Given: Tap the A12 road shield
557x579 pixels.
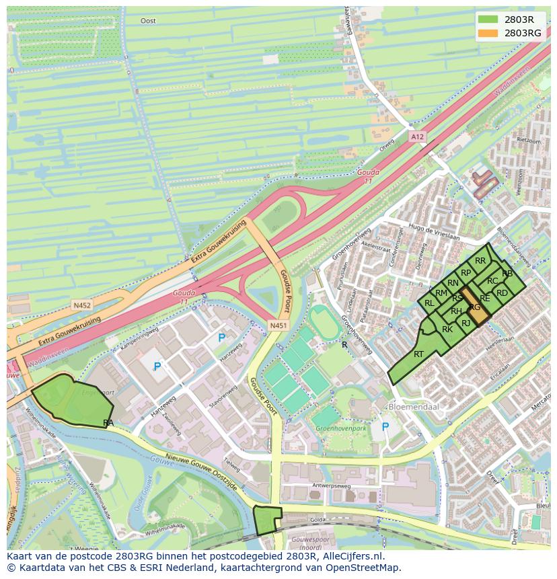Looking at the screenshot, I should coord(418,137).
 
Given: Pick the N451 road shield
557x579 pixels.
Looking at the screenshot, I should coord(278,326).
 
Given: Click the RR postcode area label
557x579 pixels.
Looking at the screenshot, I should coord(480,261).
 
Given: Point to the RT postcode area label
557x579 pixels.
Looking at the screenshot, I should coord(418,354).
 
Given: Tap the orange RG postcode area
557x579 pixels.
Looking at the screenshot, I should coord(477,309).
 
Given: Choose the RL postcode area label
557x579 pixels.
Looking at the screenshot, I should coord(429,303).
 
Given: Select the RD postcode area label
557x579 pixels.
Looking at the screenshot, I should coord(502,293).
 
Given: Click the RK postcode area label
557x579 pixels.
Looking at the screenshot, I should coord(447,330).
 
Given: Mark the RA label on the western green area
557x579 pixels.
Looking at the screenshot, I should coord(108,422).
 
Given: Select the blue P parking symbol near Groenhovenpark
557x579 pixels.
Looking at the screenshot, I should coord(385,427).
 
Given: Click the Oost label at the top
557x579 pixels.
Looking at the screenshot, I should coord(148,21).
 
